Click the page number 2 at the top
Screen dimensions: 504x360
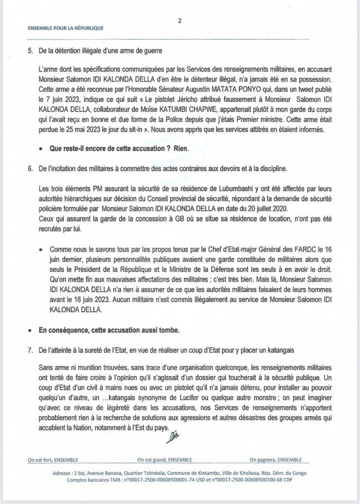pos(180,21)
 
